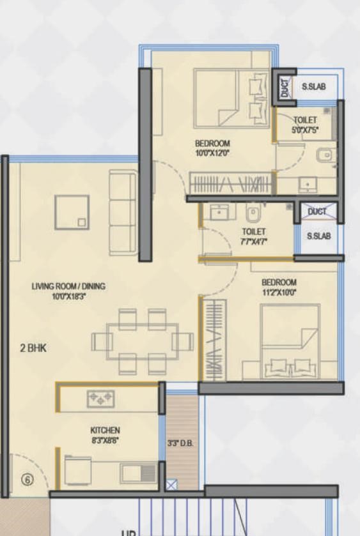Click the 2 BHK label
34,348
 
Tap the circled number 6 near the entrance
27,480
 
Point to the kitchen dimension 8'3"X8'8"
106,440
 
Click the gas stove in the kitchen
102,399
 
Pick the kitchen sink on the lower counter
138,473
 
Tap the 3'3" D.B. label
180,443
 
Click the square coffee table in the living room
72,211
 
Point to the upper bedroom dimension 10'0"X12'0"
212,153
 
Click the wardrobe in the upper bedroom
231,184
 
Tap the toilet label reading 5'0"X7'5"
305,130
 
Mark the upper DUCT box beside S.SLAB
285,86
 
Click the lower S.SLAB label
318,236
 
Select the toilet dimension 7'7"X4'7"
254,241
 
